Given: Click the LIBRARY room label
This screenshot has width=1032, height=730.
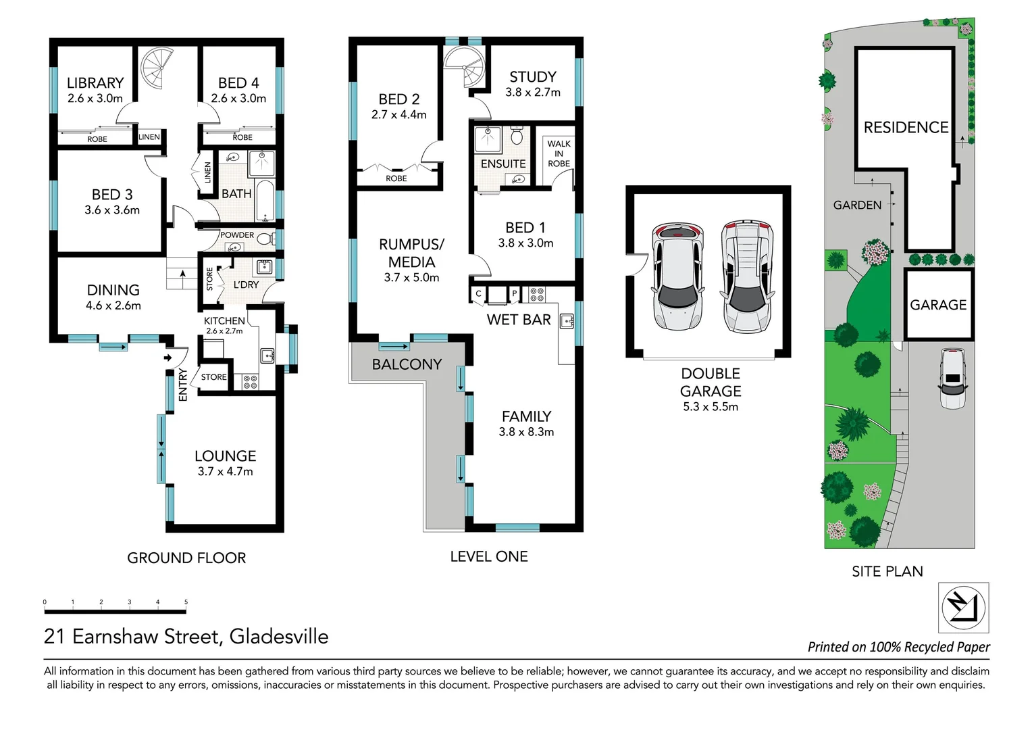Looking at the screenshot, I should click(x=95, y=83).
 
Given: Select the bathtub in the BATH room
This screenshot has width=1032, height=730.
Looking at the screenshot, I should click(x=264, y=200).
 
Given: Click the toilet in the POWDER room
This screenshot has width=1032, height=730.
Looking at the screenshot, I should click(x=265, y=238).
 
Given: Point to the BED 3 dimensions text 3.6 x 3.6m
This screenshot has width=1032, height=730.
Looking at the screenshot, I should click(x=112, y=210).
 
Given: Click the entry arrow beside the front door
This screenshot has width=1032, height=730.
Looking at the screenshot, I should click(x=167, y=358).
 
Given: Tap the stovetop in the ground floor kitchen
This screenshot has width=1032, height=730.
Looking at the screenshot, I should click(x=250, y=382).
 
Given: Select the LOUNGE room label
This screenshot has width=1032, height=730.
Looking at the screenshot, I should click(x=225, y=456).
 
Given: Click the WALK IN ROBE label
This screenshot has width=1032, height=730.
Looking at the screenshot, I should click(x=559, y=153).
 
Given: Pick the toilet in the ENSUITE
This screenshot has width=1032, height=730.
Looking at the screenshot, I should click(x=517, y=137).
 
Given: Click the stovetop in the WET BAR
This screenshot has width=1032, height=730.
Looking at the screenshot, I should click(x=537, y=294).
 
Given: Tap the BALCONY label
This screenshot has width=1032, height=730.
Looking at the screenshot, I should click(x=407, y=364).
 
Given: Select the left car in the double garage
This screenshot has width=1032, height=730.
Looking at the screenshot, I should click(x=677, y=276).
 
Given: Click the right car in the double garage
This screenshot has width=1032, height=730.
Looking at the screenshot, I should click(x=746, y=276).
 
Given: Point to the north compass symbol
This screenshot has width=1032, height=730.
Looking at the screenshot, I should click(x=964, y=607).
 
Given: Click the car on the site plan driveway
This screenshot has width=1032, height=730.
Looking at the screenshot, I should click(x=952, y=379).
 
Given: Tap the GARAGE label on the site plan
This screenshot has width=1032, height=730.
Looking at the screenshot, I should click(x=938, y=305).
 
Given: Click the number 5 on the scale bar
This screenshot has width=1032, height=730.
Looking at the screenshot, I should click(x=186, y=602).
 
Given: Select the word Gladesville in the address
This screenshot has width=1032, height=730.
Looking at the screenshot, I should click(x=279, y=637).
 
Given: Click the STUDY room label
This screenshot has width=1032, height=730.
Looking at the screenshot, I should click(x=533, y=77).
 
